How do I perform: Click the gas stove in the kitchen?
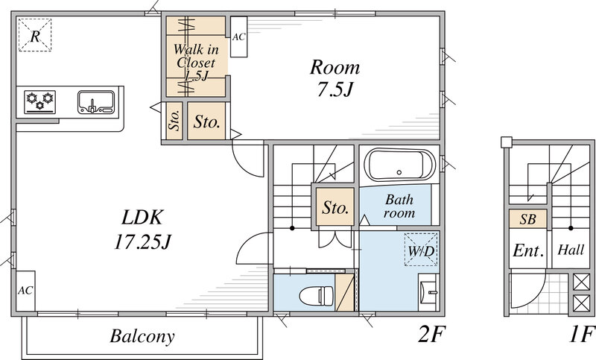(x=40, y=102)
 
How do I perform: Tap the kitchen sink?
(x=96, y=102)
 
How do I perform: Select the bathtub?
(x=399, y=165)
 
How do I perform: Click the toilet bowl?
(x=316, y=295)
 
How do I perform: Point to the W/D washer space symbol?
(x=421, y=250)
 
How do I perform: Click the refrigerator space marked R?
(x=35, y=35)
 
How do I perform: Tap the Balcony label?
(x=142, y=336)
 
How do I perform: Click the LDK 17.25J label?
(x=142, y=230)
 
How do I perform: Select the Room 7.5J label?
(x=335, y=78)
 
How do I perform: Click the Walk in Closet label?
(x=196, y=62)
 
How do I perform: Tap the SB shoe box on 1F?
(x=528, y=219)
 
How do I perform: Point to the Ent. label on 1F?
(x=528, y=250)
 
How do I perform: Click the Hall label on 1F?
(x=571, y=250)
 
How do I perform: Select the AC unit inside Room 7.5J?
(x=238, y=37)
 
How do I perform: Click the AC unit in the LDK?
(x=25, y=291)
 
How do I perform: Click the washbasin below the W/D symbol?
(x=428, y=292)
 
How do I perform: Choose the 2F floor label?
(x=431, y=335)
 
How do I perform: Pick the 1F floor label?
(x=582, y=335)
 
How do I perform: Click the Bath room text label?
(x=399, y=206)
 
